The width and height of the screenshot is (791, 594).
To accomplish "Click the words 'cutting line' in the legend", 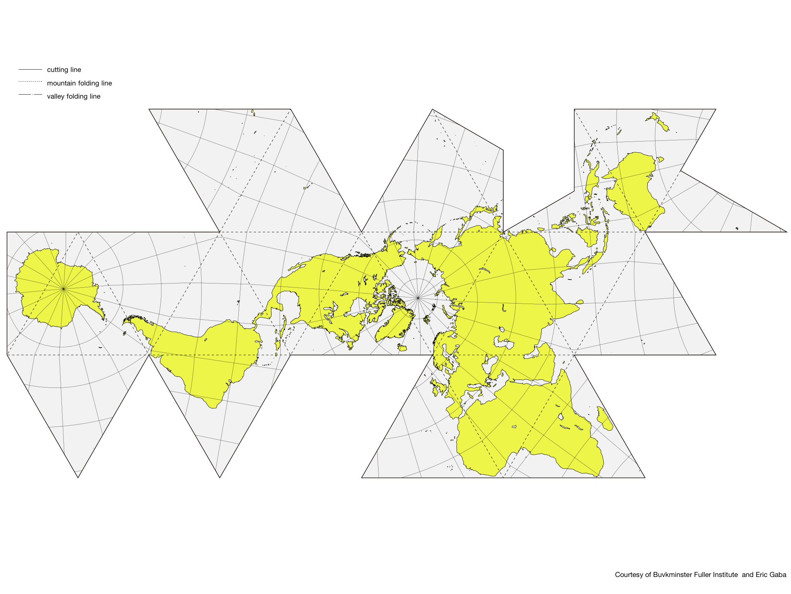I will pyautogui.click(x=64, y=70).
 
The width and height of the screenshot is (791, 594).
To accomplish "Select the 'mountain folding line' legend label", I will pyautogui.click(x=79, y=83).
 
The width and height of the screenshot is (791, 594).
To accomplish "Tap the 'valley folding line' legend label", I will pyautogui.click(x=73, y=96).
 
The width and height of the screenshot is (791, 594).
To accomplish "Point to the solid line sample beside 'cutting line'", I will pyautogui.click(x=30, y=70).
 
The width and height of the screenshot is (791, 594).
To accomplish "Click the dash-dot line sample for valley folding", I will pyautogui.click(x=30, y=95).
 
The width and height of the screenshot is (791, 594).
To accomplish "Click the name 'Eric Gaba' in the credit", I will pyautogui.click(x=771, y=575).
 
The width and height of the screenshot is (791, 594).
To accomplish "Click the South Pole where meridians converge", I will pyautogui.click(x=63, y=288).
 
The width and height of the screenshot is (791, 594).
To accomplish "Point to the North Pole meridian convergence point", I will pyautogui.click(x=418, y=298).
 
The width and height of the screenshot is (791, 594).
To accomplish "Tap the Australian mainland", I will pyautogui.click(x=633, y=186).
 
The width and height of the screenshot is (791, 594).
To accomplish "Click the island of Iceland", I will pyautogui.click(x=402, y=348).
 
